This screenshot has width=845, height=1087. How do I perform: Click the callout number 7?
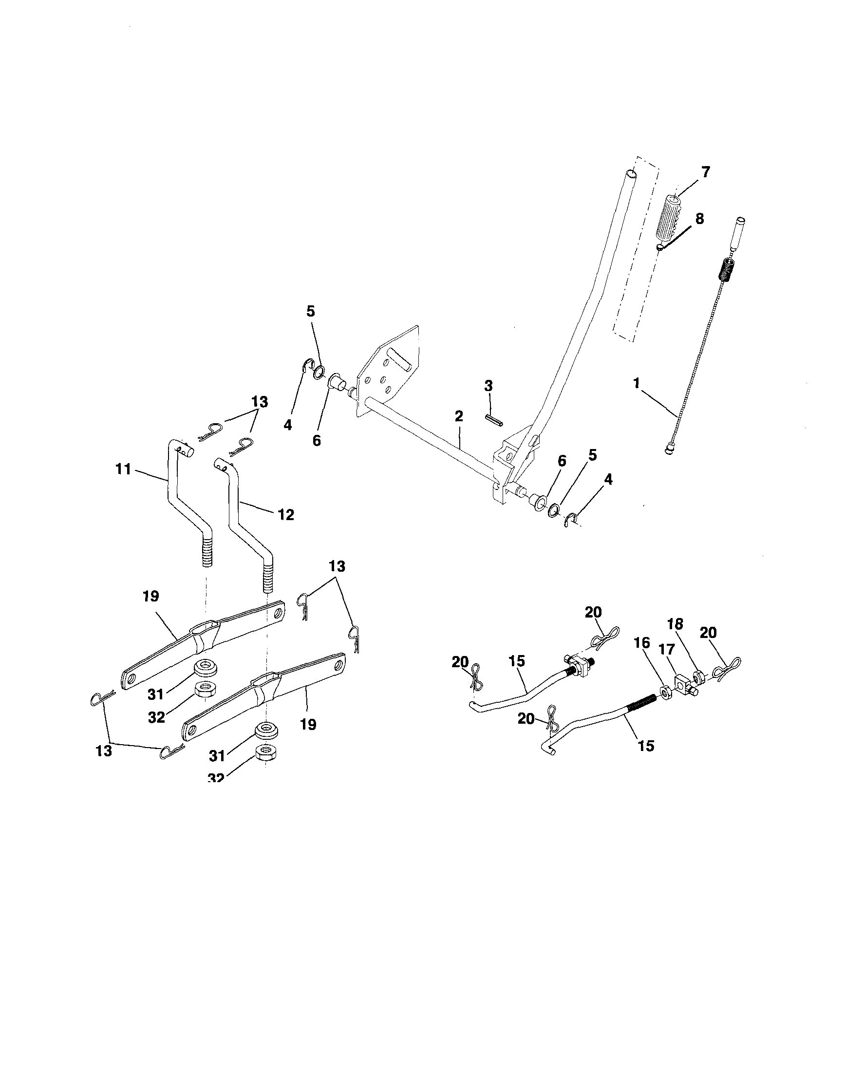click(x=705, y=172)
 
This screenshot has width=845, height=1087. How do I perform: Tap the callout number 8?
click(x=700, y=219)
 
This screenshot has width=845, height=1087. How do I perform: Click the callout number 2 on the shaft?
click(x=458, y=416)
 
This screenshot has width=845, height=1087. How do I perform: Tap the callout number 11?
click(x=123, y=469)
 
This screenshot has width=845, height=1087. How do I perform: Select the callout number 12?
click(x=286, y=514)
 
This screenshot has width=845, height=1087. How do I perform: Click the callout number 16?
click(x=642, y=643)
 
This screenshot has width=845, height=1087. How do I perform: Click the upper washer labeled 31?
click(x=204, y=666)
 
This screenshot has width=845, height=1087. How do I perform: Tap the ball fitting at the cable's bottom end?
click(x=668, y=450)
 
